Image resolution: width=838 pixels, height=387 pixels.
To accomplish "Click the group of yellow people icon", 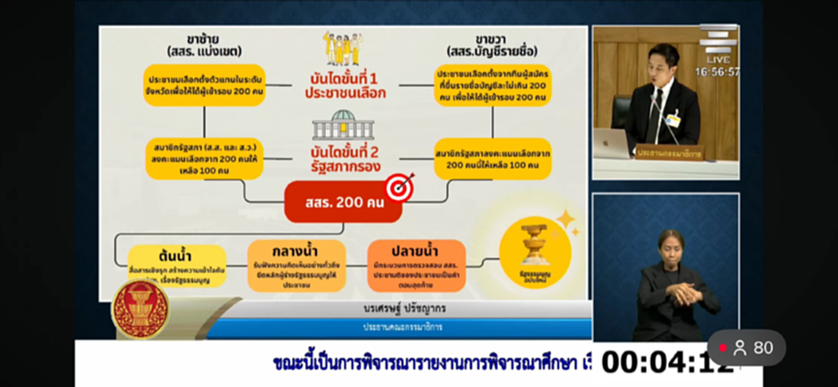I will tap(343, 49).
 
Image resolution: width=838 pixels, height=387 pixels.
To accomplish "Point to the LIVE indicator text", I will tap(717, 60).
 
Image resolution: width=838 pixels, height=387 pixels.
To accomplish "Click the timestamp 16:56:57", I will tap(717, 72).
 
